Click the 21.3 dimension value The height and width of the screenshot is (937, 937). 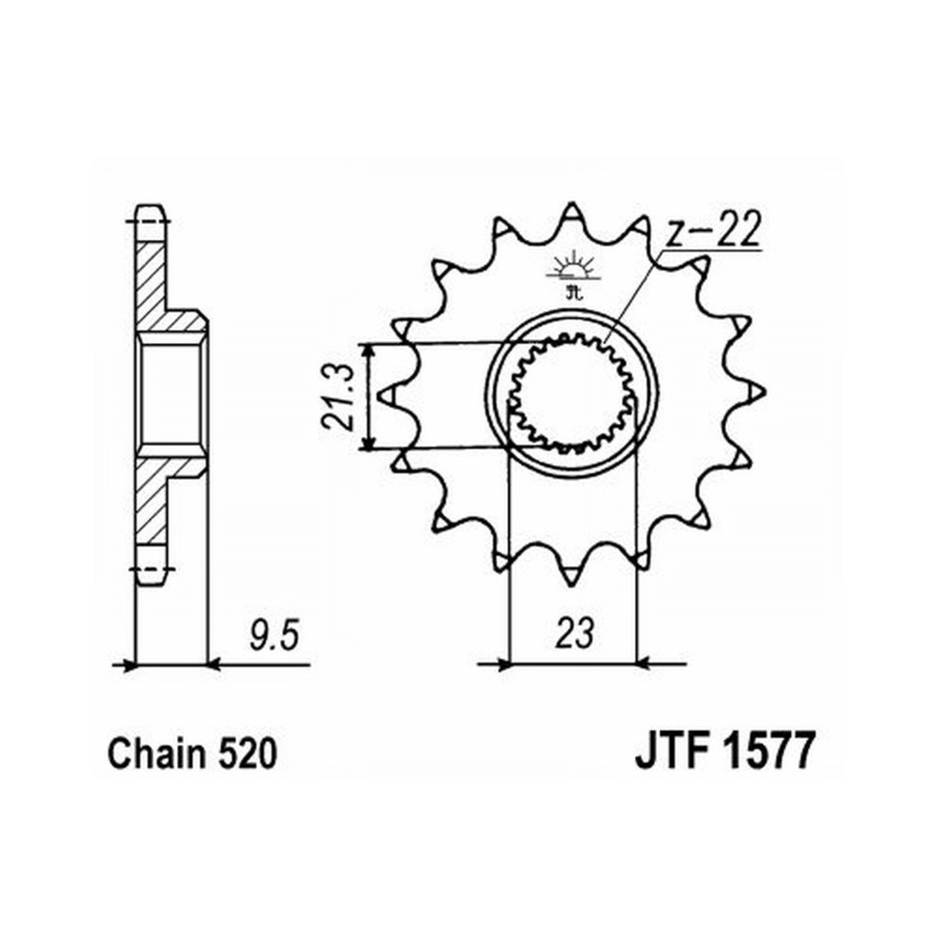[338, 396]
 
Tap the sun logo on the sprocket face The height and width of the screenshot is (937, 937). [572, 273]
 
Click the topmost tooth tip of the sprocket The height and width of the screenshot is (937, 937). [572, 203]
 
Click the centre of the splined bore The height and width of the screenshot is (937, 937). [572, 394]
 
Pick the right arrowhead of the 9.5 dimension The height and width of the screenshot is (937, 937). [216, 663]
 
